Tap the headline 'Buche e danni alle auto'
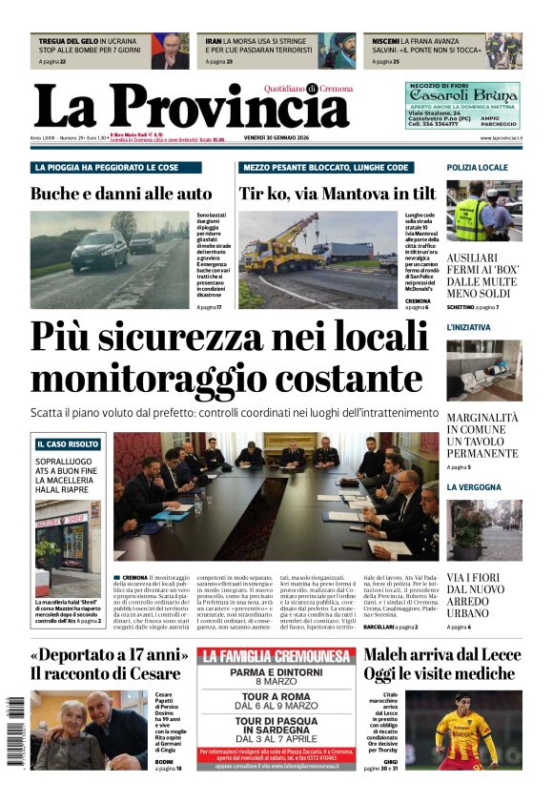point(121,194)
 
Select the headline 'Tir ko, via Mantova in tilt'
point(338,194)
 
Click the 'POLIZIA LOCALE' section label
point(478,168)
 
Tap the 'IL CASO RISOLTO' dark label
point(68,444)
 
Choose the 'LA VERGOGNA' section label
point(474,487)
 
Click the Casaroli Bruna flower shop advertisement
point(462,105)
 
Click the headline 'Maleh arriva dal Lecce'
point(441,655)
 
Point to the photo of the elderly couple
point(89,730)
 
